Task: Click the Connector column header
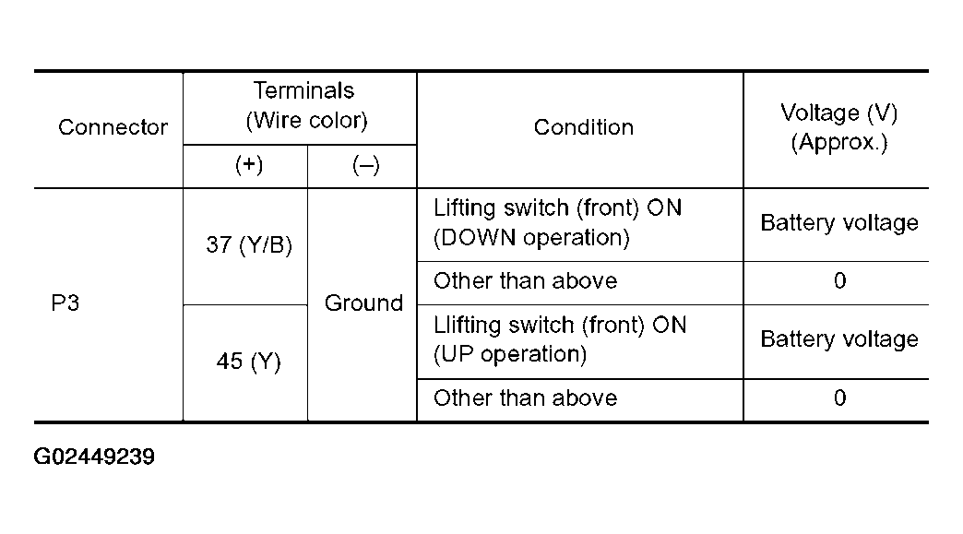[113, 127]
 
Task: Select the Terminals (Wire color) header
[305, 105]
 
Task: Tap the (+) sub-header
[249, 164]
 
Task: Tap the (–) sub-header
[366, 164]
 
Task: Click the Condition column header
[584, 127]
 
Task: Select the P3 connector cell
[65, 303]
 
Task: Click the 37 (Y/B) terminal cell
[249, 245]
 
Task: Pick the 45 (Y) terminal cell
[249, 361]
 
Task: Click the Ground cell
[363, 303]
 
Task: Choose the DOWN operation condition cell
[558, 222]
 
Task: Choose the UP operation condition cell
[560, 338]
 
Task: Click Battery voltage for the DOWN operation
[839, 223]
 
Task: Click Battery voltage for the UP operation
[839, 339]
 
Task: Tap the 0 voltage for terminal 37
[839, 281]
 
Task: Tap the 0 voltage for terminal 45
[839, 398]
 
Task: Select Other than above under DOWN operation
[525, 280]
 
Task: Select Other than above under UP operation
[525, 398]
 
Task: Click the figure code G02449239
[94, 457]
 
